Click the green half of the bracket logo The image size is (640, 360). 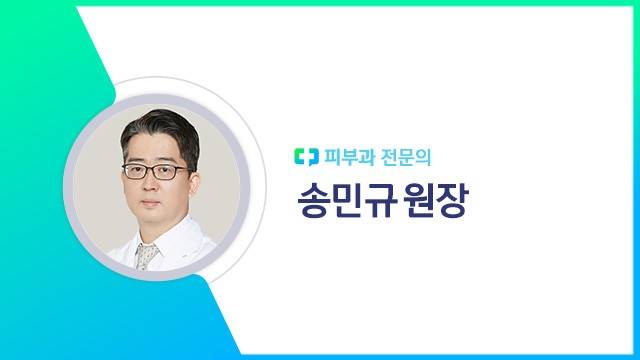tap(300, 157)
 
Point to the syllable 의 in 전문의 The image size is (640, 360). tap(423, 157)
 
